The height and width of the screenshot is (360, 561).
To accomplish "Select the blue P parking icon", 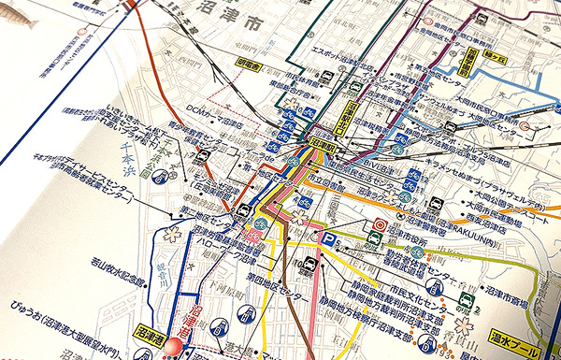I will point(327,240).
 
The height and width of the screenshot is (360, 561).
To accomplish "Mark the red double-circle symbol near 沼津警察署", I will point(378,225).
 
